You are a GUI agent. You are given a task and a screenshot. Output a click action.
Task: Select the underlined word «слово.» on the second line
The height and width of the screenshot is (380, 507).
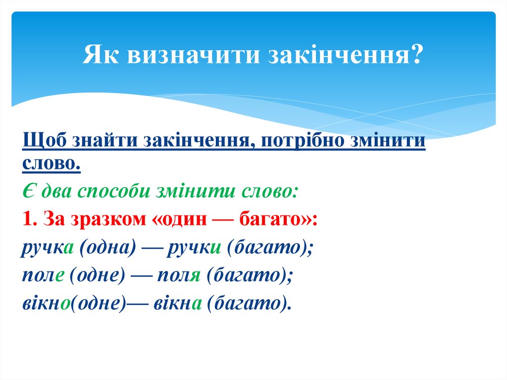point(51,164)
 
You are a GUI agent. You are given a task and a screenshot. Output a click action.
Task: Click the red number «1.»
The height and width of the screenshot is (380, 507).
point(31,218)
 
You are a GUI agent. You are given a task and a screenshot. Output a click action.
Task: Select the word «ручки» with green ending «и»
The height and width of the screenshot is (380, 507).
point(194,246)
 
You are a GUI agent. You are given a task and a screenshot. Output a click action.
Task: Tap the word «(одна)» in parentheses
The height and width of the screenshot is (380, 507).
point(108,246)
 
